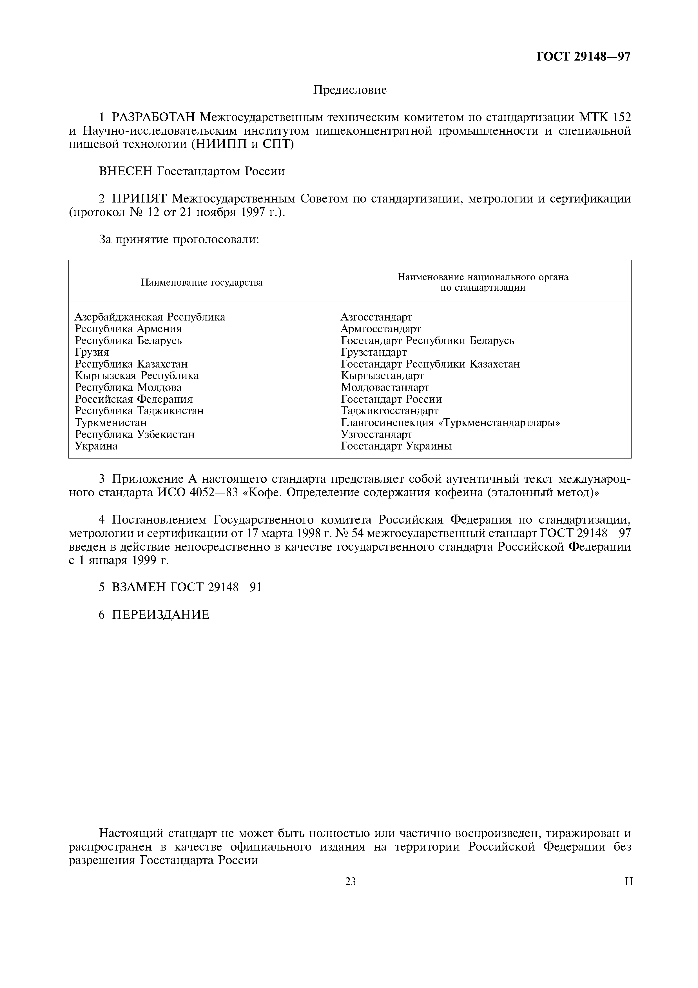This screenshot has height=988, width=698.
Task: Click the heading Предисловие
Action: pyautogui.click(x=350, y=90)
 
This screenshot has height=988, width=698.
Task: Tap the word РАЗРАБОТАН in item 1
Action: pyautogui.click(x=153, y=117)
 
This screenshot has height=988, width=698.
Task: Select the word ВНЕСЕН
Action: pyautogui.click(x=126, y=171)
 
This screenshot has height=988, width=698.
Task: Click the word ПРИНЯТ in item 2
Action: pyautogui.click(x=140, y=199)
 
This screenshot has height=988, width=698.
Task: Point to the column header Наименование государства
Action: pyautogui.click(x=202, y=283)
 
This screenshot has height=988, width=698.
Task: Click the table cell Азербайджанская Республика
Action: pyautogui.click(x=150, y=317)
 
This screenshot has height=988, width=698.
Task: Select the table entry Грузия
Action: pyautogui.click(x=92, y=352)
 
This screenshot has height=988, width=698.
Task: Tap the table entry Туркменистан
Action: pyautogui.click(x=111, y=422)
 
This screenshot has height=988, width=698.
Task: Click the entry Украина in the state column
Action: pyautogui.click(x=96, y=446)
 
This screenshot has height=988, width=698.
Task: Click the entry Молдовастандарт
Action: pyautogui.click(x=385, y=388)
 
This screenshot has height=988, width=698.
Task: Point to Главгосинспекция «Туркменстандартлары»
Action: pyautogui.click(x=450, y=422)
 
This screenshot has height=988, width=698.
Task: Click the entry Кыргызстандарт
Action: pyautogui.click(x=382, y=376)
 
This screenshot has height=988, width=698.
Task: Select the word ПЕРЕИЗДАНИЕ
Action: pyautogui.click(x=160, y=615)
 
